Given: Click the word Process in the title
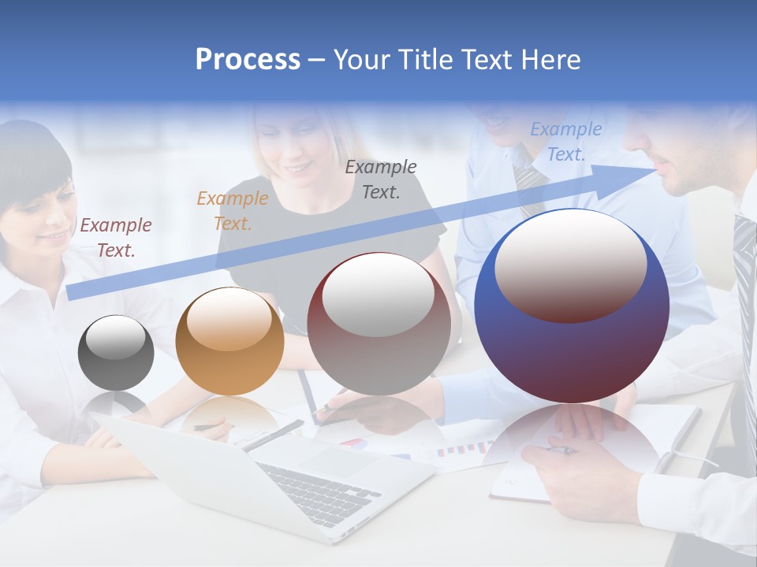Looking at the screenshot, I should click(248, 60).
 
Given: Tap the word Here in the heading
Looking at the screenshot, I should click(551, 60).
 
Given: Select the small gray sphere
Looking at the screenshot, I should click(116, 353).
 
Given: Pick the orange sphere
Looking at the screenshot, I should click(229, 341).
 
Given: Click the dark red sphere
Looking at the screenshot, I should click(378, 324).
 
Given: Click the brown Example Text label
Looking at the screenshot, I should click(116, 238).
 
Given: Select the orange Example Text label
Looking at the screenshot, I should click(233, 211).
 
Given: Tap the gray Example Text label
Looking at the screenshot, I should click(381, 179).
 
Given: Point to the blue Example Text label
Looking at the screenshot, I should click(566, 142).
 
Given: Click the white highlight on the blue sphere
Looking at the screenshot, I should click(570, 264).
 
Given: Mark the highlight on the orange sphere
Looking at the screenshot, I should click(229, 319).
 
